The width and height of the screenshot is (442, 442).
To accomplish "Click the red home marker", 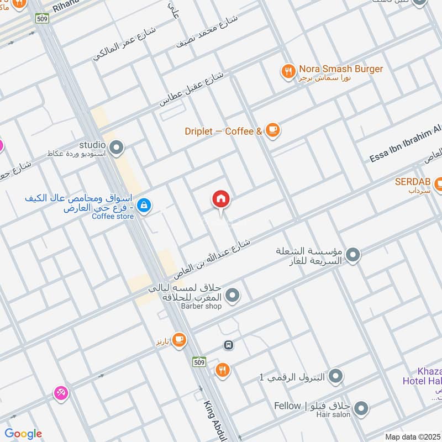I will (x=221, y=199).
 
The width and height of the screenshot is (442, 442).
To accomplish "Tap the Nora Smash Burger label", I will (x=341, y=69).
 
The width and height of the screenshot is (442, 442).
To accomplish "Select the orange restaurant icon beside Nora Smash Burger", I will (x=288, y=71).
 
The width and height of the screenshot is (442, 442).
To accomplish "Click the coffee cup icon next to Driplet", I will (x=272, y=130).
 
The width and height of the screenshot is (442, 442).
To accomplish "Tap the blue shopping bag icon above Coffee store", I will (x=144, y=206).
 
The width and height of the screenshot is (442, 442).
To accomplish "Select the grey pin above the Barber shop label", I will (x=233, y=296).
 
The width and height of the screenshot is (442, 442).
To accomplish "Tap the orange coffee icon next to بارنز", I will (x=178, y=340).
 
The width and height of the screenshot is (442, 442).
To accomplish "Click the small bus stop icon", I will (x=228, y=345).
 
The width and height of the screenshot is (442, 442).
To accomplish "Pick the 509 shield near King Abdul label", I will (x=200, y=362).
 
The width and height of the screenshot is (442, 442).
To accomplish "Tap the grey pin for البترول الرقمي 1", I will (x=335, y=377).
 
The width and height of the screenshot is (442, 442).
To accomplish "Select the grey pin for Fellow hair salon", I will (x=361, y=408).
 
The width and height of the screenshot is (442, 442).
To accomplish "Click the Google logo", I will (x=23, y=434).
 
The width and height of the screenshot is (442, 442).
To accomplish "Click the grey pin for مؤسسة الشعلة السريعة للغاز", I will (x=353, y=255).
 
